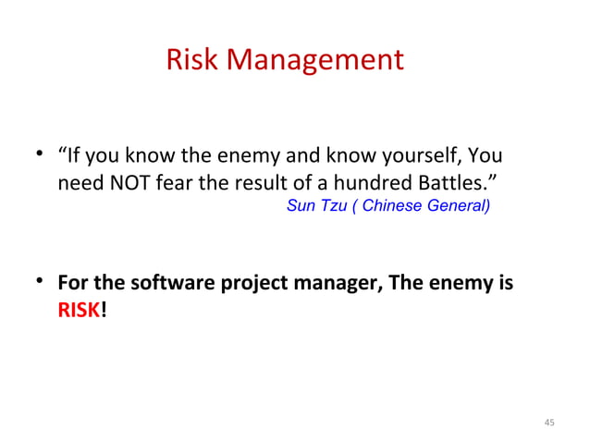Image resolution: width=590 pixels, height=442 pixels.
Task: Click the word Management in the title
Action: pos(316,60)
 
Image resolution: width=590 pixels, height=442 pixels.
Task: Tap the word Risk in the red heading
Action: pos(191,60)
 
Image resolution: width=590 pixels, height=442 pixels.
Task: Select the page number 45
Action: pos(549,423)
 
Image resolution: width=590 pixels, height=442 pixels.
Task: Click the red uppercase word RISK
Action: pos(79,311)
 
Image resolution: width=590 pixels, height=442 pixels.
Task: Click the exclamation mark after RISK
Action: pos(104,311)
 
